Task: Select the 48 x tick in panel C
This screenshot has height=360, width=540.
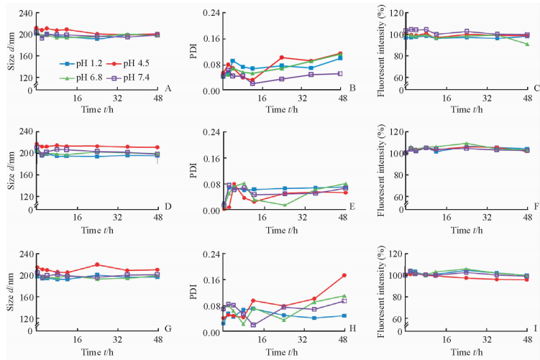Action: tap(527, 98)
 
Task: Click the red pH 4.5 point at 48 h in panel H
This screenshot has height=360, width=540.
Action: tap(344, 275)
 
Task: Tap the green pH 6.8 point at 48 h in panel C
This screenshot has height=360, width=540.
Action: tap(527, 45)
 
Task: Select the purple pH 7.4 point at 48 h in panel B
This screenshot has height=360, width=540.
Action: tap(340, 73)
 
